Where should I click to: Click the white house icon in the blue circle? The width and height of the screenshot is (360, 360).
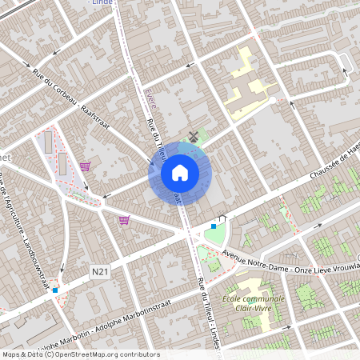(180, 173)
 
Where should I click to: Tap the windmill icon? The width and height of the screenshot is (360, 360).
(192, 135)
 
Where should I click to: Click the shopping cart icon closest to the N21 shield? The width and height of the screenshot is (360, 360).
(124, 220)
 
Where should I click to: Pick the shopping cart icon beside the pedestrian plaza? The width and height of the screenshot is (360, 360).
(85, 166)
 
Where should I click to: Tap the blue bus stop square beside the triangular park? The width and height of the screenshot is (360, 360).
(214, 226)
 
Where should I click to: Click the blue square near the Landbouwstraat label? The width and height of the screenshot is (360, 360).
(54, 290)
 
